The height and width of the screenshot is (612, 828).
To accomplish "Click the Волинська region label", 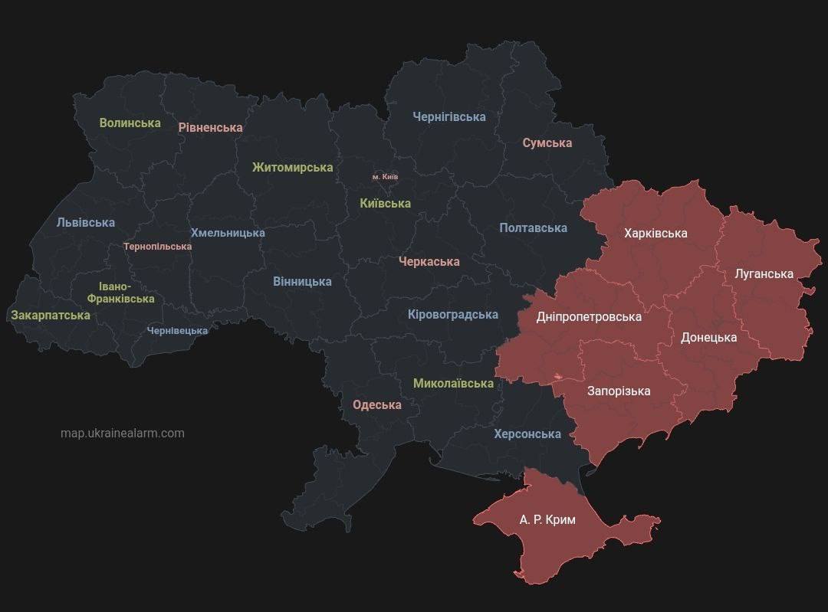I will click(x=130, y=123).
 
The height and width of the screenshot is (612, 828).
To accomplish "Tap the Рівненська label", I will click(x=210, y=127).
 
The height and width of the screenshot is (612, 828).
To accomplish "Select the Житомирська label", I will click(x=292, y=167).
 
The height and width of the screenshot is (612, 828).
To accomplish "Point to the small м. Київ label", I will click(x=385, y=177).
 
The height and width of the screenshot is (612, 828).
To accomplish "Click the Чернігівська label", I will click(x=449, y=116).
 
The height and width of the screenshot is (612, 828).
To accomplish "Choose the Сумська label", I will click(x=547, y=142).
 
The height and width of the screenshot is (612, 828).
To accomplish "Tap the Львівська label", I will click(x=85, y=222).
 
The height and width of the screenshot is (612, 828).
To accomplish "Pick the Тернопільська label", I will click(x=157, y=247).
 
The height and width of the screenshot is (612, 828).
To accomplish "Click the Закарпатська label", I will click(x=50, y=315).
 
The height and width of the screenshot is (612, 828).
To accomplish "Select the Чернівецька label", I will click(x=177, y=331).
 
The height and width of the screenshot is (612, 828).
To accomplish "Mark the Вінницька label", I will click(x=302, y=281).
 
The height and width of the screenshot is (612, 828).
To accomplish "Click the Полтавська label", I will click(x=533, y=227).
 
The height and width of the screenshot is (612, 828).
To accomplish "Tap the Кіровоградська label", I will click(x=452, y=314).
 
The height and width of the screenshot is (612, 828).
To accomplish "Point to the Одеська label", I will click(x=376, y=404).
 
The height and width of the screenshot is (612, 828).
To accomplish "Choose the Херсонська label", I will click(x=527, y=434).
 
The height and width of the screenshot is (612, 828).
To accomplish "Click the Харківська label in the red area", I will click(x=655, y=233).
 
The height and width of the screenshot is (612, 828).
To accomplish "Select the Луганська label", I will click(x=764, y=273).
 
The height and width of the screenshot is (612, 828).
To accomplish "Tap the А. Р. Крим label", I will click(x=547, y=519).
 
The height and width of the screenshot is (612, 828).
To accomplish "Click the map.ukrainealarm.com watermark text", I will click(x=123, y=433).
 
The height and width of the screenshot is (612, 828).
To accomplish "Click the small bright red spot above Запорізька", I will click(x=557, y=377).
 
